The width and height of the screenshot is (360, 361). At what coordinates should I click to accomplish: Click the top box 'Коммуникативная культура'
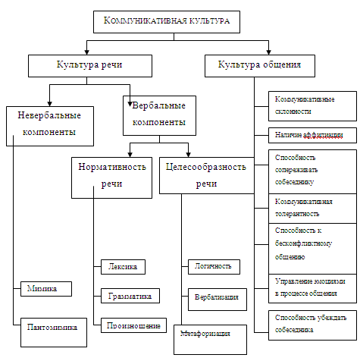167,22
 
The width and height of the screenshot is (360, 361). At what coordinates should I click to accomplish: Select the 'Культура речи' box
90,66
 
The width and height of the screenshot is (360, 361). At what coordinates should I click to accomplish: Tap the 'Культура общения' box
260,66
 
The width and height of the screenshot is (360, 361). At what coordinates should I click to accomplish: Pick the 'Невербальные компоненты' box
50,126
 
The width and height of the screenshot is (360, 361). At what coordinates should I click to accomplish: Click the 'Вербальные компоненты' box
159,115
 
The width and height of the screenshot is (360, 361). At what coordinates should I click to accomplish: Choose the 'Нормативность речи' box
111,177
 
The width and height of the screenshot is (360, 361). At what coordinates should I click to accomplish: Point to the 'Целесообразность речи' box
207,175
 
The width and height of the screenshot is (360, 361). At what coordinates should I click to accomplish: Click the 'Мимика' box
46,289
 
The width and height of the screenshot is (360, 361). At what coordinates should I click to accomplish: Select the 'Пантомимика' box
54,332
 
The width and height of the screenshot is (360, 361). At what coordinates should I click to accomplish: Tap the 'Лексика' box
123,267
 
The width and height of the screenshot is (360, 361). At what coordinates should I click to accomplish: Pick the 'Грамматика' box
130,296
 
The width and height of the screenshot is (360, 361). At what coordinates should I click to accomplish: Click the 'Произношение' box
133,325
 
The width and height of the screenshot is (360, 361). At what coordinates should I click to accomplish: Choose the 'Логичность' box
214,267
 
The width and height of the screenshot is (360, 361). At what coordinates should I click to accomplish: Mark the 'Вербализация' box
218,300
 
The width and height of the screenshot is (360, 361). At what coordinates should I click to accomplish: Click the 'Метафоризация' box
210,340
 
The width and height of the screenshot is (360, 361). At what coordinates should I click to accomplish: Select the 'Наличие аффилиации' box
312,135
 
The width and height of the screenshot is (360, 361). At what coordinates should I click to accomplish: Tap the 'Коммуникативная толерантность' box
312,209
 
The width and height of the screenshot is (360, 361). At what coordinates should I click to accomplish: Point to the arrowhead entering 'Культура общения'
268,52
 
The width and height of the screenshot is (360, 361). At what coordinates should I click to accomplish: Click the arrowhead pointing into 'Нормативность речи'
130,155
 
